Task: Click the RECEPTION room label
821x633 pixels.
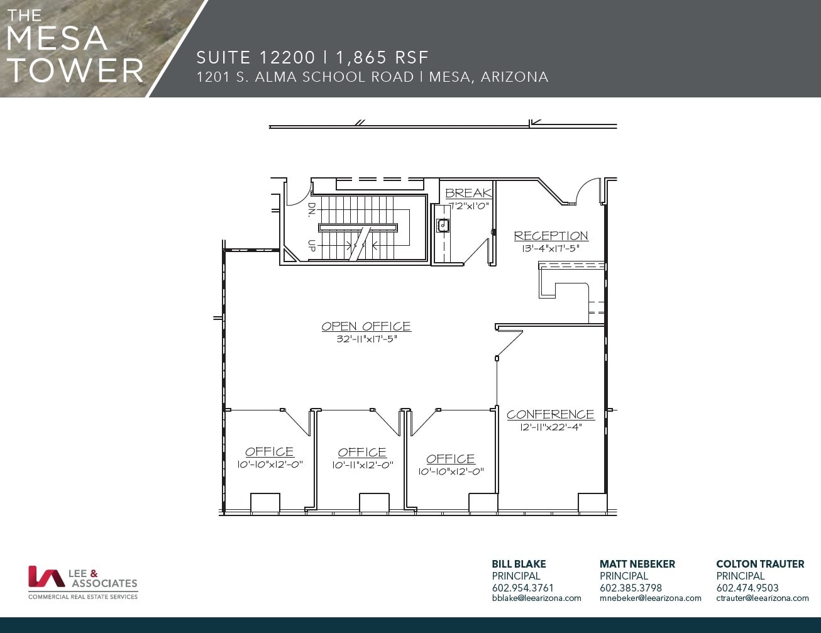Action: coord(551,236)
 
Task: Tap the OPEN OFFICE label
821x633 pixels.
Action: coord(366,326)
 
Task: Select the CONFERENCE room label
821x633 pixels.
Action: coord(550,414)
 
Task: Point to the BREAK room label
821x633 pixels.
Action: coord(468,193)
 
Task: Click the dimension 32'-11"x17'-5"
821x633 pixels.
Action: coord(366,339)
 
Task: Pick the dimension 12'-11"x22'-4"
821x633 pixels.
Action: coord(551,427)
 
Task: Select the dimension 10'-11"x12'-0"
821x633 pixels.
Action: coord(362,465)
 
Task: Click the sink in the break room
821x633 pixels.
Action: coord(443,225)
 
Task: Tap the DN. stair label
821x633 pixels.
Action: coord(311,209)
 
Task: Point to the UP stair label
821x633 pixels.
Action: coord(311,245)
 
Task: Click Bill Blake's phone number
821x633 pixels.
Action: coord(522,588)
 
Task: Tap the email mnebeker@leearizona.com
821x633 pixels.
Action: coord(650,598)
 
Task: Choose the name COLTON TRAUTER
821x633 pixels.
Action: coord(760,564)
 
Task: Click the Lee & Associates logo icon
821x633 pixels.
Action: coord(45,576)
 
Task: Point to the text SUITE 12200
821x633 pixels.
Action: coord(255,58)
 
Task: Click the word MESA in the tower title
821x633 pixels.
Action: coord(57,38)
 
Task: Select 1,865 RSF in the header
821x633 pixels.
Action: coord(382,58)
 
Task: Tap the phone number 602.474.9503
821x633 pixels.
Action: coord(747,588)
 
